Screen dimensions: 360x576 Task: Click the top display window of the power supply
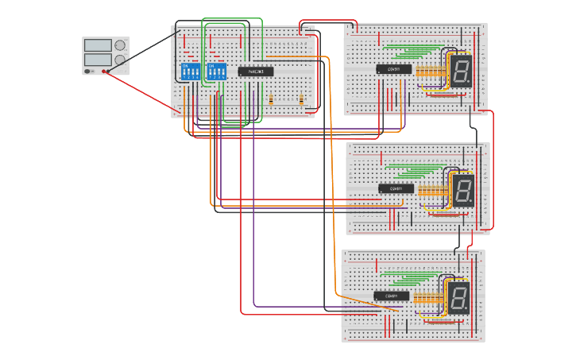coord(98,46)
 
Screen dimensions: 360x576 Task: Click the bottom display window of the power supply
coord(98,60)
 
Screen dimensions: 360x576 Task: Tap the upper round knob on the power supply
coord(120,45)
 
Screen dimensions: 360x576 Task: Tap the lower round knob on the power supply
coord(120,60)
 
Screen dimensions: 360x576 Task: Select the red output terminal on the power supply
coord(105,71)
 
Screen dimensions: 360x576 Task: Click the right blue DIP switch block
coord(216,71)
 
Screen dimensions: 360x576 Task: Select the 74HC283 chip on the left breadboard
coord(256,71)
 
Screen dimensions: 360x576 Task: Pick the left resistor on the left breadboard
coord(272,100)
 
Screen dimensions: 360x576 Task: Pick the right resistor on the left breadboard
coord(301,100)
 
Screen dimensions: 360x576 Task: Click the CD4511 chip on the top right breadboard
coord(394,69)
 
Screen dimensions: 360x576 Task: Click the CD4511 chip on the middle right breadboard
coord(396,188)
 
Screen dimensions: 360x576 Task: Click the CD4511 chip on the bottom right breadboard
coord(392,296)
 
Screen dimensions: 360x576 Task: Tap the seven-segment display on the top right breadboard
coord(462,71)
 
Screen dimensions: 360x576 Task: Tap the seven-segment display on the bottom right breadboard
coord(459,298)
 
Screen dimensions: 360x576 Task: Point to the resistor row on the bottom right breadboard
coord(427,299)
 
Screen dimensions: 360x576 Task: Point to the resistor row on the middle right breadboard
coord(430,192)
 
